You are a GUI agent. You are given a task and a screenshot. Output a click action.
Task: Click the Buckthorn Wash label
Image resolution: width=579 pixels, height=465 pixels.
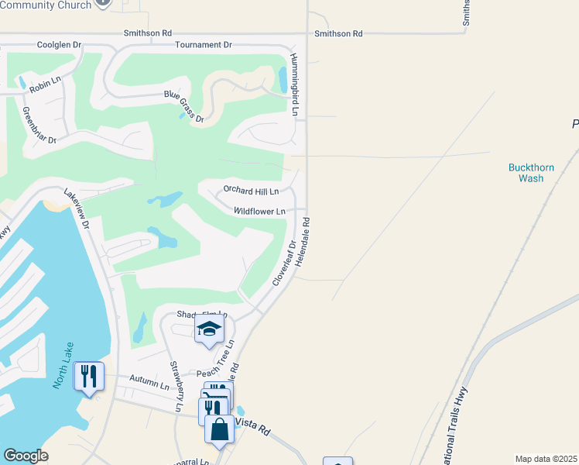526,173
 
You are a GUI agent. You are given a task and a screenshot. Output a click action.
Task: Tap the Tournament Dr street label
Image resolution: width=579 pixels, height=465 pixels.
204,45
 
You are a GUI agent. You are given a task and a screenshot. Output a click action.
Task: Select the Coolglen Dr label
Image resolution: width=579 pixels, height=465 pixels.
59,45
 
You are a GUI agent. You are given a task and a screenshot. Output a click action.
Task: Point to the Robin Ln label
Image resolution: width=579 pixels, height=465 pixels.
44,86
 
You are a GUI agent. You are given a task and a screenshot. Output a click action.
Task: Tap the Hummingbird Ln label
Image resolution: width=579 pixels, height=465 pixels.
295,85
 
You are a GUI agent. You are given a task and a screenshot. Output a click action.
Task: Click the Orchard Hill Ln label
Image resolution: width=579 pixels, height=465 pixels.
251,190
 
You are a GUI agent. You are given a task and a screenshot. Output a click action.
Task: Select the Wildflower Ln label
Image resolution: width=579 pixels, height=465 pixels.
259,211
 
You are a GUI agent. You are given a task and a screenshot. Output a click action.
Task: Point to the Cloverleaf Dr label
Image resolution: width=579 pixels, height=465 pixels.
284,263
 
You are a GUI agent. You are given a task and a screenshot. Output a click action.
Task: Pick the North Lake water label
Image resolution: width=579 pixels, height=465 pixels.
63,365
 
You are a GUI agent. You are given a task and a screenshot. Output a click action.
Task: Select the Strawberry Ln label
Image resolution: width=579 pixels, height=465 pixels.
176,386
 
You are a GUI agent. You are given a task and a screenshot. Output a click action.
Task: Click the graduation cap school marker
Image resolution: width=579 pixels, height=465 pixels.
209,329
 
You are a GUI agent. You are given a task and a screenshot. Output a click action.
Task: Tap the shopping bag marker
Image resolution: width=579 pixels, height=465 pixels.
219,429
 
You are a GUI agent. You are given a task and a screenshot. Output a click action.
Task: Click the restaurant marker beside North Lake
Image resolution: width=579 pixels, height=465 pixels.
88,377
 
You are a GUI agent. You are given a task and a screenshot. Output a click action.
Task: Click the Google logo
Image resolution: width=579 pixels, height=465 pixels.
26,456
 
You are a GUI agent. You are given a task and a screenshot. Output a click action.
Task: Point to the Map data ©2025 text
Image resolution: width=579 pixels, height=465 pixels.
546,459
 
